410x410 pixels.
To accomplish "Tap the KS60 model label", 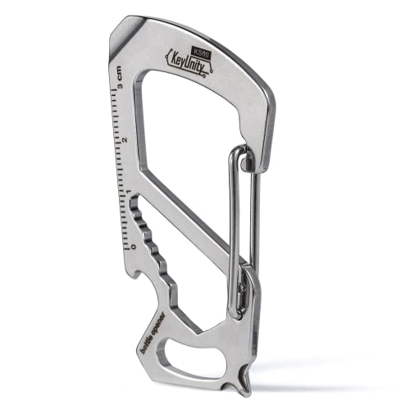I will point(203,49).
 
